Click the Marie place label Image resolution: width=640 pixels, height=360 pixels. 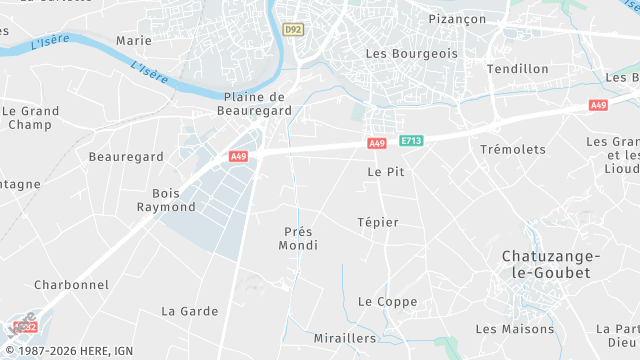(134, 41)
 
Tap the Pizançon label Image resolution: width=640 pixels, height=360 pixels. (457, 19)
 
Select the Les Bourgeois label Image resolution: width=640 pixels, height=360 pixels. (411, 53)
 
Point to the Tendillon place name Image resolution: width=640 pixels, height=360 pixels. (517, 69)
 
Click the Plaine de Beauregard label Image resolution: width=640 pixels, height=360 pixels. (255, 104)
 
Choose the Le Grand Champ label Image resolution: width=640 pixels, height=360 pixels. (30, 118)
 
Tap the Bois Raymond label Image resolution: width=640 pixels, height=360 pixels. (166, 200)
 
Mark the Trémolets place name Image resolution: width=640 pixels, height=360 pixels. (513, 149)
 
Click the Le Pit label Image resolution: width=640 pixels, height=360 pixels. (385, 172)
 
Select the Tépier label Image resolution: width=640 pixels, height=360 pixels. (378, 222)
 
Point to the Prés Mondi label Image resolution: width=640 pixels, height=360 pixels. (298, 238)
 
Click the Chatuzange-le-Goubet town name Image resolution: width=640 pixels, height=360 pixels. (545, 264)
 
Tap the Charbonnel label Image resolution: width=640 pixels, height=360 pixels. (71, 285)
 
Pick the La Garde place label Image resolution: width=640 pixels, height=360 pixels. (189, 311)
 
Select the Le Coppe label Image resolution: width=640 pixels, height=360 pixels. (387, 302)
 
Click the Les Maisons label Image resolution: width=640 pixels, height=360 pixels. (514, 329)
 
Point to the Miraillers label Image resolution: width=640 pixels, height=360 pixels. (344, 338)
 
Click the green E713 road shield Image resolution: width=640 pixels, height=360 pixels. (411, 143)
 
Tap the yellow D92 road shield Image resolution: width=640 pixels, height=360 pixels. (292, 31)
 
